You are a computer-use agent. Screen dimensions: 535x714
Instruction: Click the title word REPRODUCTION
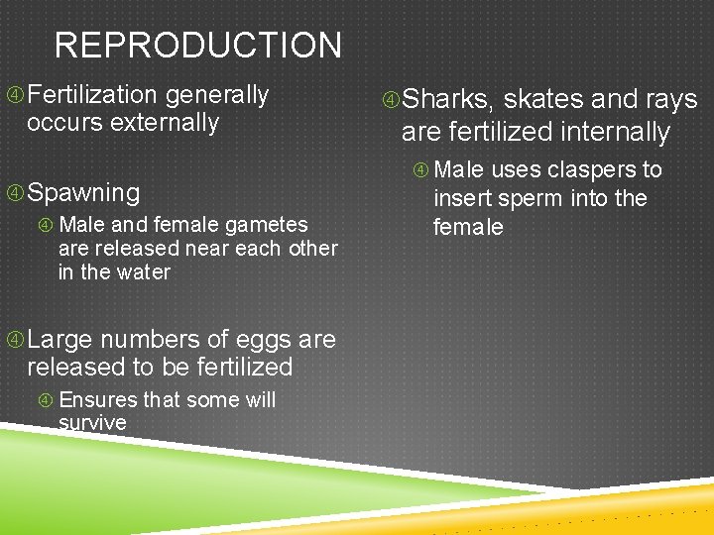click(x=197, y=46)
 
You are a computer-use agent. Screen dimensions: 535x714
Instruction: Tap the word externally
click(x=165, y=123)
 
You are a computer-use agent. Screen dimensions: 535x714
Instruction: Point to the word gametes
click(x=272, y=225)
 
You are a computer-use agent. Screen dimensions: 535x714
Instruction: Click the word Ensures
click(x=98, y=400)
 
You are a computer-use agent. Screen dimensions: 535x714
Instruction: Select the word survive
click(x=92, y=423)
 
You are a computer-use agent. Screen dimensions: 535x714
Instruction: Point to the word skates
click(x=543, y=100)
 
